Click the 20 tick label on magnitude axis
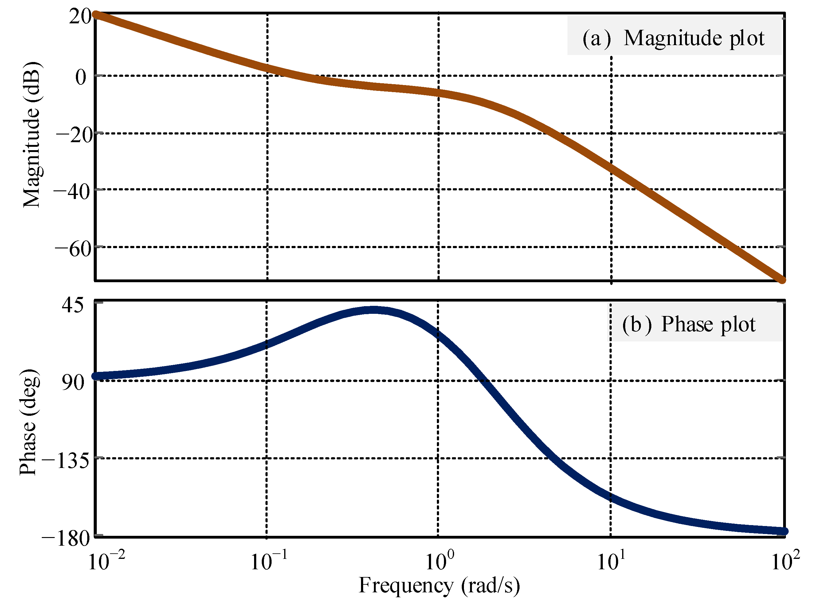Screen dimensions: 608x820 tap(80, 17)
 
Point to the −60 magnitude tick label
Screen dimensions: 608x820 tap(73, 249)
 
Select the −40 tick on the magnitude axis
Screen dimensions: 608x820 tap(72, 192)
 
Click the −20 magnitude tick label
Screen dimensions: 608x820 tap(73, 135)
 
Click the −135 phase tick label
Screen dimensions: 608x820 tap(65, 460)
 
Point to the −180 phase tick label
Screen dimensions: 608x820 tap(65, 538)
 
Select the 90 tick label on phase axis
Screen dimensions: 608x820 tap(73, 382)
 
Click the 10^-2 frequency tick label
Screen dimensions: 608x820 tap(106, 562)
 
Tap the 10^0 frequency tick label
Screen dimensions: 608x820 tap(439, 562)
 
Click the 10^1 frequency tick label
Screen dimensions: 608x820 tap(611, 562)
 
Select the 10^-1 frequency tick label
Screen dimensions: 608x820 tap(268, 562)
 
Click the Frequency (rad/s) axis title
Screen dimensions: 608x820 tap(439, 586)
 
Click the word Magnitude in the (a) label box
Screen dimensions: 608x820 tap(672, 38)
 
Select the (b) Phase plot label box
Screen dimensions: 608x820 tap(694, 324)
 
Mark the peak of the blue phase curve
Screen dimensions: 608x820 tap(374, 310)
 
